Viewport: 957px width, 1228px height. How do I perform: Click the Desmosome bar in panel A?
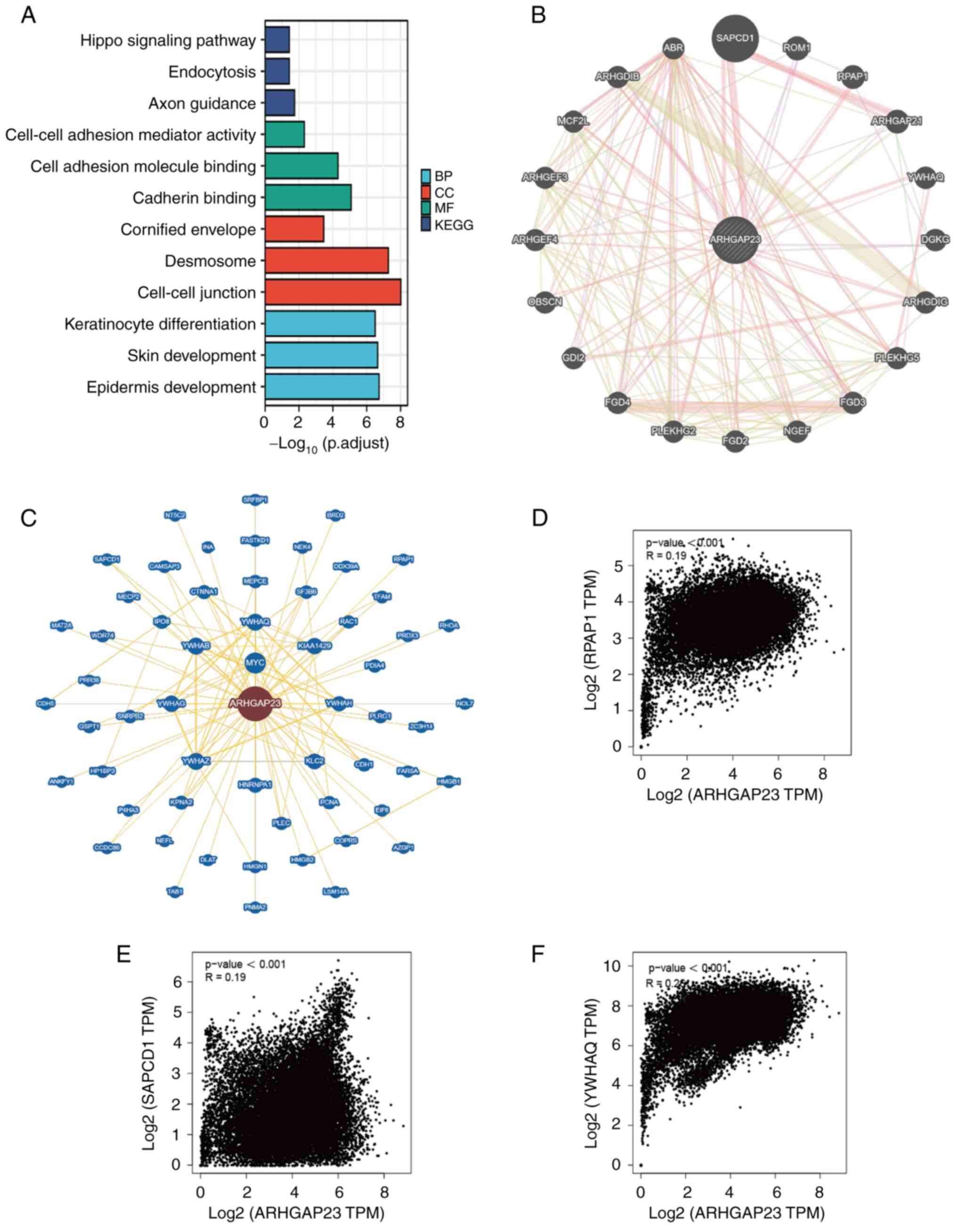point(326,261)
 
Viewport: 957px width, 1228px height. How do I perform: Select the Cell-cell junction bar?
point(333,293)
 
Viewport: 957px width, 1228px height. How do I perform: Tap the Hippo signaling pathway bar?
point(277,40)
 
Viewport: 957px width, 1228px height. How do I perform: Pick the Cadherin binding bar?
point(308,198)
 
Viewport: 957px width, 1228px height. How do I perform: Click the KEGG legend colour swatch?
point(426,225)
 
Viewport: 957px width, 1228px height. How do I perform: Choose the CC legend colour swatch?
point(426,192)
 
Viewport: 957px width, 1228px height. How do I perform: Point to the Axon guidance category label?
point(202,104)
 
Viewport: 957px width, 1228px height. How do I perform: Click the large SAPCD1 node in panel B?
point(735,38)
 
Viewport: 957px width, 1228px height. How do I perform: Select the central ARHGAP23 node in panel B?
point(735,240)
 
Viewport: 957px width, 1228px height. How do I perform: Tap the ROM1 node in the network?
point(797,48)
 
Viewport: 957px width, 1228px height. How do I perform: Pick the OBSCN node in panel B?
point(545,302)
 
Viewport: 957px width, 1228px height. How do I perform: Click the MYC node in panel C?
point(255,663)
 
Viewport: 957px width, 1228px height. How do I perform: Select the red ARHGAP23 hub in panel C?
point(255,703)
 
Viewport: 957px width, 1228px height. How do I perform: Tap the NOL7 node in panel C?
point(464,703)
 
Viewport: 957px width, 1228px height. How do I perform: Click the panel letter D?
point(539,517)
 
